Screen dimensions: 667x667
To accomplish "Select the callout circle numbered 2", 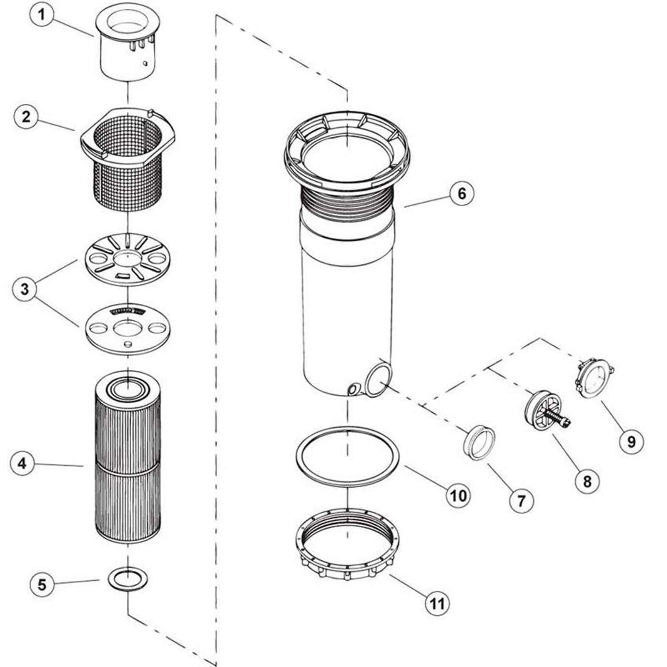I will (x=26, y=116).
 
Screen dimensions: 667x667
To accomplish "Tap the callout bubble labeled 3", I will (x=25, y=288).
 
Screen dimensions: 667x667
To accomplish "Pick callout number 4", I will (x=22, y=463).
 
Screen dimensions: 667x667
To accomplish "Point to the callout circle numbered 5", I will (x=42, y=584).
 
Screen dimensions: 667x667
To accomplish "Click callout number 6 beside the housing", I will (x=461, y=193).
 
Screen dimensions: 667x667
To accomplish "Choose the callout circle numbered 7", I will (x=522, y=501).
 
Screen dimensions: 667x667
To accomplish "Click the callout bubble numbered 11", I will (x=437, y=603).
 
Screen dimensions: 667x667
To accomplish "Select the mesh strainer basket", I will (x=127, y=167).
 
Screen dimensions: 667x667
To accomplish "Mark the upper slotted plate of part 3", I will (x=127, y=258).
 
